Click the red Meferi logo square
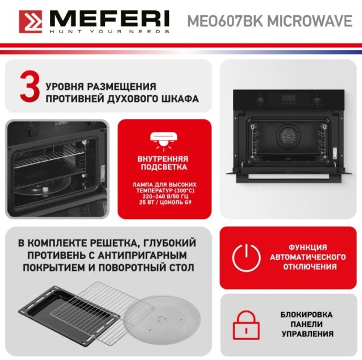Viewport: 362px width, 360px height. click(31, 22)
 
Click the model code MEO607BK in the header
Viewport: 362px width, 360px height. click(225, 21)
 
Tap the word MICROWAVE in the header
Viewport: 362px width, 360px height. click(310, 21)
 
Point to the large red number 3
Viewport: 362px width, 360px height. click(30, 87)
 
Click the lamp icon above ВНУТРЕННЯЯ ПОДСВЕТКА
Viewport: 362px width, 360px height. click(164, 141)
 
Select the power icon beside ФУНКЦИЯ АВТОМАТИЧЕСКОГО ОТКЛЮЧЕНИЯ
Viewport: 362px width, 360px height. click(246, 257)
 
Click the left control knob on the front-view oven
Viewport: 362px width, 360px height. click(261, 100)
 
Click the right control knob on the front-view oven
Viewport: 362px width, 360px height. click(317, 101)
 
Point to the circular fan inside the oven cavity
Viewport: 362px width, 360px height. click(288, 136)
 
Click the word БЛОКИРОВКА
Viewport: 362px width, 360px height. click(306, 314)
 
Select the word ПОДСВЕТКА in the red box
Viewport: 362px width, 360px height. click(164, 167)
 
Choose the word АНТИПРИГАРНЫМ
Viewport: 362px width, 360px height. click(142, 256)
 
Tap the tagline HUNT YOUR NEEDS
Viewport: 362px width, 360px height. click(110, 31)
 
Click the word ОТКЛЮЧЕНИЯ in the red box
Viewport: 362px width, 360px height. click(310, 267)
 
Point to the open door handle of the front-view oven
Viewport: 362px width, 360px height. click(289, 177)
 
